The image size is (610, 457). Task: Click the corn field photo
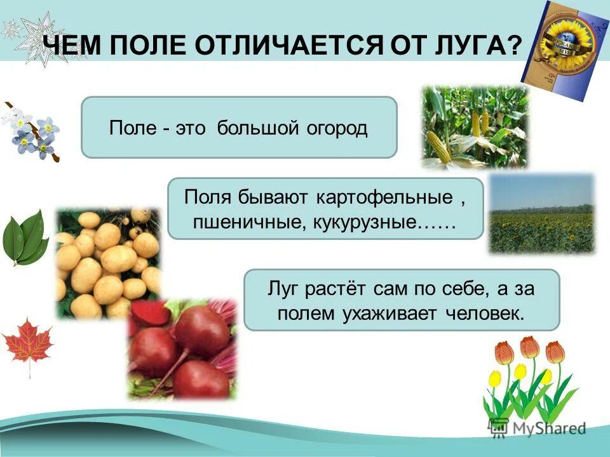[x=475, y=128]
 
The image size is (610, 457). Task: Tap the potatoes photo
[x=108, y=261]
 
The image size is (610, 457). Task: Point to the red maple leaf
[x=27, y=343]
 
